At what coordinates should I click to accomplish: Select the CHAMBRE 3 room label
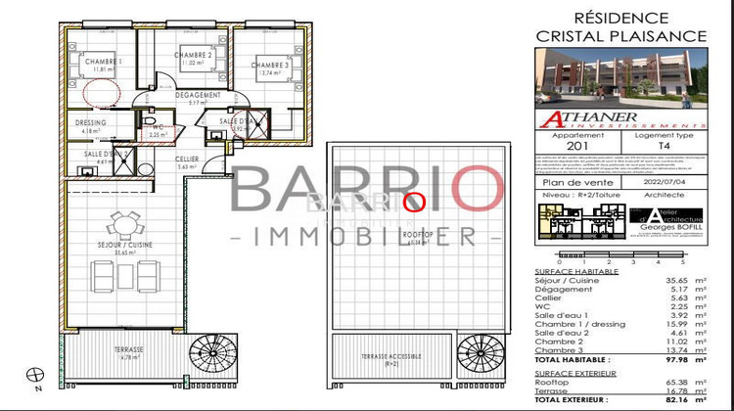[274, 66]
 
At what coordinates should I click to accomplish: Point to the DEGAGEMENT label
[198, 95]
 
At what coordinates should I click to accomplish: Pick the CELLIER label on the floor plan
[188, 159]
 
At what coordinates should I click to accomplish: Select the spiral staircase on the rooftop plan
[479, 352]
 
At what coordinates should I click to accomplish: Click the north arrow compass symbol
[37, 375]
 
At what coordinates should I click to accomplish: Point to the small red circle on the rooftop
[413, 203]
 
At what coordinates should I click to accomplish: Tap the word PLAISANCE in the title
[656, 35]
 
